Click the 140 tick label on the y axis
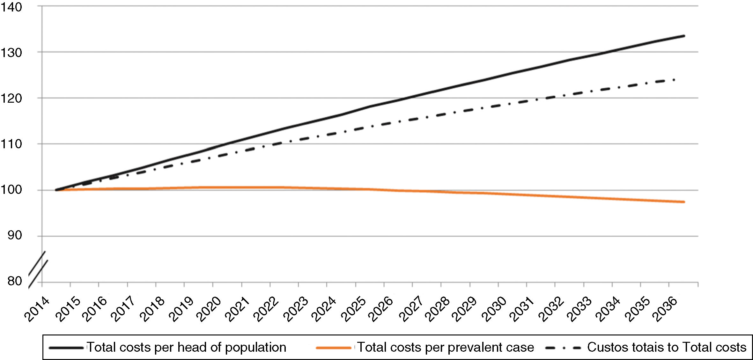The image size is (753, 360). pyautogui.click(x=11, y=7)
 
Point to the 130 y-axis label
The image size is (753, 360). pyautogui.click(x=11, y=53)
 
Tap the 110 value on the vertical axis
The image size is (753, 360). pyautogui.click(x=11, y=144)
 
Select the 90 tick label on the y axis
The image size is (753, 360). pyautogui.click(x=15, y=236)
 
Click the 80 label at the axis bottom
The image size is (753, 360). pyautogui.click(x=15, y=281)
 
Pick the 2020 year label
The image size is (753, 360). pyautogui.click(x=209, y=309)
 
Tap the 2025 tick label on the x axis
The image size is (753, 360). pyautogui.click(x=353, y=309)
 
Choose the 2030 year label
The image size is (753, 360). pyautogui.click(x=494, y=309)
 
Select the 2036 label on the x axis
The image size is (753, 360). pyautogui.click(x=665, y=309)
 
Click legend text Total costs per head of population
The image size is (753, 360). pyautogui.click(x=187, y=347)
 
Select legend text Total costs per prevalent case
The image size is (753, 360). pyautogui.click(x=446, y=347)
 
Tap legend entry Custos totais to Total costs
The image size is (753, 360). pyautogui.click(x=667, y=347)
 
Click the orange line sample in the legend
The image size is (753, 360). pyautogui.click(x=333, y=348)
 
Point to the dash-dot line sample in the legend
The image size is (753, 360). pyautogui.click(x=563, y=348)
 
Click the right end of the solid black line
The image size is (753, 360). pyautogui.click(x=684, y=36)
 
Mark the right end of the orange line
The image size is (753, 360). pyautogui.click(x=684, y=202)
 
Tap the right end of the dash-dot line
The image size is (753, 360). pyautogui.click(x=674, y=80)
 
